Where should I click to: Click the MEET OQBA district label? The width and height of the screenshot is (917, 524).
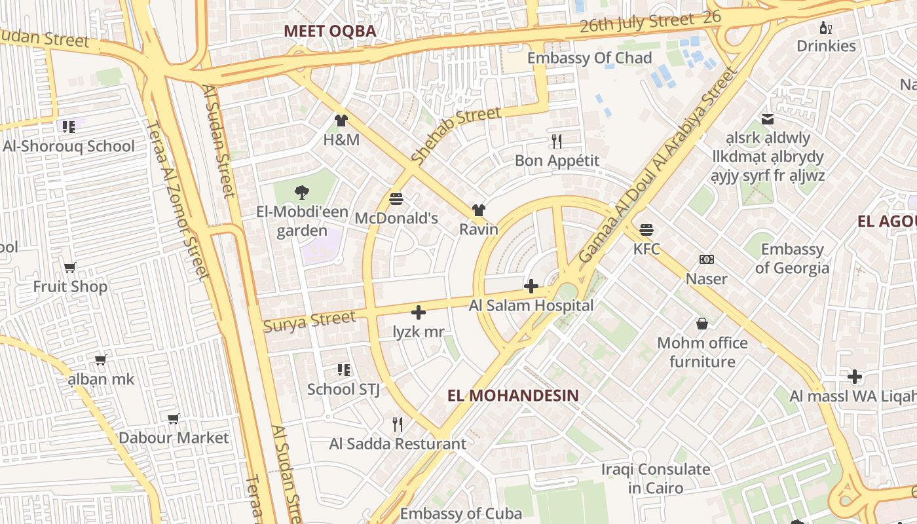pyautogui.click(x=330, y=31)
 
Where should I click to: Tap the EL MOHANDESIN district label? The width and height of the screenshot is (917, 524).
pyautogui.click(x=513, y=395)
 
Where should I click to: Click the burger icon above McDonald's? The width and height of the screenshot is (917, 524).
pyautogui.click(x=396, y=198)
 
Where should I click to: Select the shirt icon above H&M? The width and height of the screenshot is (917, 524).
pyautogui.click(x=341, y=120)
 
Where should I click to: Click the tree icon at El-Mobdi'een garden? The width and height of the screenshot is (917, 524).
pyautogui.click(x=301, y=193)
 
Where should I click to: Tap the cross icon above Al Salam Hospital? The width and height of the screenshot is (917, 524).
pyautogui.click(x=531, y=286)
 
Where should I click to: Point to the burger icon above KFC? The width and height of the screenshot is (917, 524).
pyautogui.click(x=646, y=230)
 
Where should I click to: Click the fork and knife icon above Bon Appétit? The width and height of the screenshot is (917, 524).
pyautogui.click(x=557, y=141)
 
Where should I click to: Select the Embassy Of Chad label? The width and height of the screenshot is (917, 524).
pyautogui.click(x=589, y=58)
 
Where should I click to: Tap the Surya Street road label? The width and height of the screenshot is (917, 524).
pyautogui.click(x=309, y=321)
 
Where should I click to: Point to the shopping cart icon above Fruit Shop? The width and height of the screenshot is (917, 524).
pyautogui.click(x=70, y=267)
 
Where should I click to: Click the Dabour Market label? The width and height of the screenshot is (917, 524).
pyautogui.click(x=174, y=438)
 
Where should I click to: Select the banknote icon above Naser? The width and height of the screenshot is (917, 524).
pyautogui.click(x=706, y=259)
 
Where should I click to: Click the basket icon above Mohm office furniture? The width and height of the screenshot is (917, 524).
pyautogui.click(x=702, y=324)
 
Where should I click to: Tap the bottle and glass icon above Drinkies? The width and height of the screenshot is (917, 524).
pyautogui.click(x=826, y=28)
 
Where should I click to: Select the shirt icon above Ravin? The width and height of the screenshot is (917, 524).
pyautogui.click(x=479, y=210)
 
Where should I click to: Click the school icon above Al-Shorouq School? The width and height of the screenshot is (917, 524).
pyautogui.click(x=68, y=126)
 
